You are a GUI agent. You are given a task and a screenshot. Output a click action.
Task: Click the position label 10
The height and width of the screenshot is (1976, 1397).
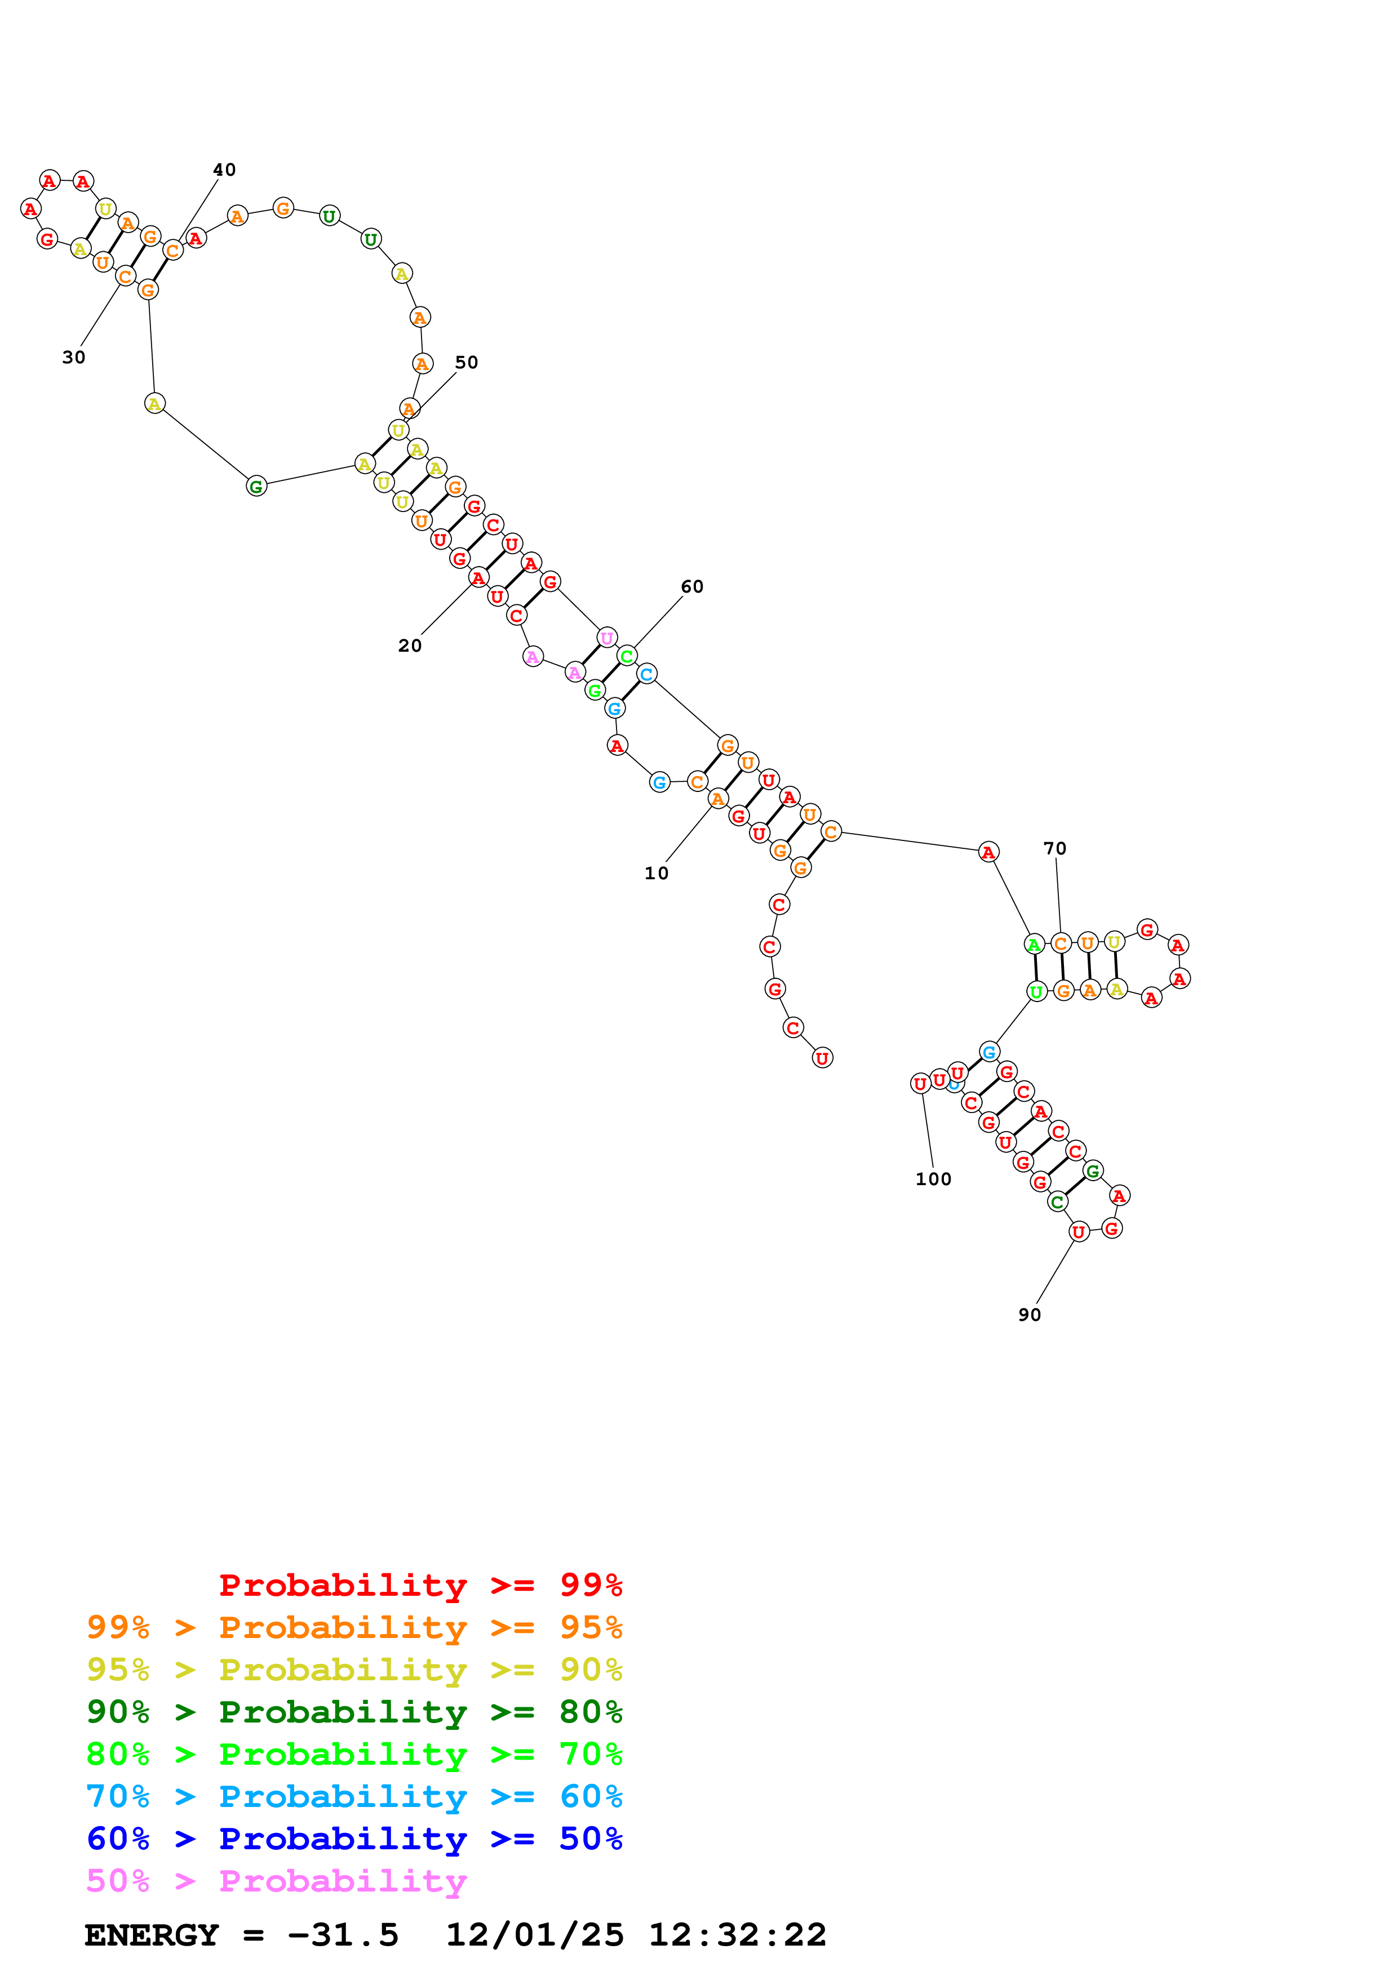(656, 874)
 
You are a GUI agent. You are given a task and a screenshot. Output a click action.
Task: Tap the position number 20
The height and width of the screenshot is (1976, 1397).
(410, 646)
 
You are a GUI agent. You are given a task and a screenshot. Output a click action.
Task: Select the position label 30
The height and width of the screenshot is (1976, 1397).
(74, 357)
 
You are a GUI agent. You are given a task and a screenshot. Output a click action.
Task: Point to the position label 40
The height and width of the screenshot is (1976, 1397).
(225, 170)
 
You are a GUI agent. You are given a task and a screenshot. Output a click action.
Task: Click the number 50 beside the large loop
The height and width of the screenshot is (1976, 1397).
(467, 362)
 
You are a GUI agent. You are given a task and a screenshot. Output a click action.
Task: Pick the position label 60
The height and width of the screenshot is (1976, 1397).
(692, 587)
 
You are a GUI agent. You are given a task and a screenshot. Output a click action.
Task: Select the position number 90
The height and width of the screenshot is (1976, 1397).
(1030, 1315)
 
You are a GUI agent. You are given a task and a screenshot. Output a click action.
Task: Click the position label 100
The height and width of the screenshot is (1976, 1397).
(933, 1179)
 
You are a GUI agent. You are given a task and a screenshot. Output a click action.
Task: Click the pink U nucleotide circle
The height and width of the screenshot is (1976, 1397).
(607, 638)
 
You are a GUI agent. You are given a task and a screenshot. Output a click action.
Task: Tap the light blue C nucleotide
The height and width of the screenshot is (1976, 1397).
(648, 674)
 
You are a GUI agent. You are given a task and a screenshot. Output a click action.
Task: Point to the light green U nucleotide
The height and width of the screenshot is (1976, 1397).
(1037, 991)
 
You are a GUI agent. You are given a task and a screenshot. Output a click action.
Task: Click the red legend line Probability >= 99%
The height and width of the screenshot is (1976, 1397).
(420, 1585)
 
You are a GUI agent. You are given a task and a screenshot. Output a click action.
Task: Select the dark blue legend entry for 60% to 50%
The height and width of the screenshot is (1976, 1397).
(354, 1839)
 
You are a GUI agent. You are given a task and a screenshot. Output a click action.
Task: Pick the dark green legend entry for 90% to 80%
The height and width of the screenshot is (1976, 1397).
(354, 1712)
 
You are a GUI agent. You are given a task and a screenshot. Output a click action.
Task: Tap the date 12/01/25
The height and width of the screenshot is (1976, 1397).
(535, 1935)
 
